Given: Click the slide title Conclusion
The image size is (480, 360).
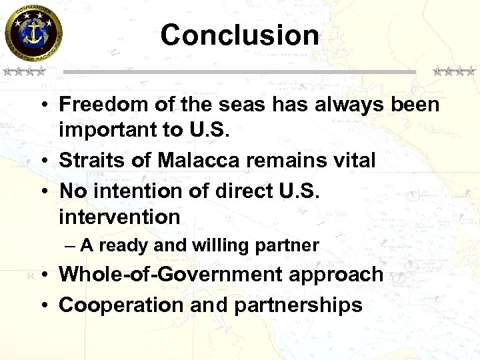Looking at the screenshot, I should point(239,35).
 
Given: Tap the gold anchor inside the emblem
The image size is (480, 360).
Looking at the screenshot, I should point(33,32).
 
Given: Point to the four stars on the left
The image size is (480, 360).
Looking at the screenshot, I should point(23,71).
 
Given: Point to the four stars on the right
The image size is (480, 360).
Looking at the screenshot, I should point(454,71).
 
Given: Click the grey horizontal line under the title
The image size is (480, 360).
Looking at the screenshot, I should point(239,71).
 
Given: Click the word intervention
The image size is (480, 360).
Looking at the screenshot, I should point(119,217).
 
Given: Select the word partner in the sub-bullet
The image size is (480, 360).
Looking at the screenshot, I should point(289,246).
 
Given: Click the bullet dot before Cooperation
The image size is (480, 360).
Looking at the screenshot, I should point(42,305).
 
